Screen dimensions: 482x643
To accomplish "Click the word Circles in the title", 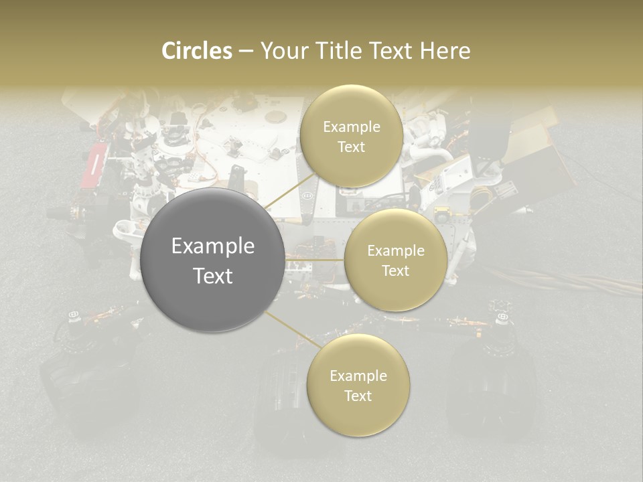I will click(196, 51).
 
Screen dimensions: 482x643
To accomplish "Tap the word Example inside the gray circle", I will click(213, 246).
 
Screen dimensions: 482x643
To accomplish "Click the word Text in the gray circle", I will click(213, 276).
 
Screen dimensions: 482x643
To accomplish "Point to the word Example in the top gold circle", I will click(351, 127).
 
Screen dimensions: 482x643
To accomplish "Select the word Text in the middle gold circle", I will click(395, 270).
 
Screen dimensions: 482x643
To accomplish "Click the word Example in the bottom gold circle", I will click(358, 376).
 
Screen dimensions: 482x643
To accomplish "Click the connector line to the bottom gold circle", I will click(292, 330).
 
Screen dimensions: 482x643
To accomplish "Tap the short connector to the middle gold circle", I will click(315, 260).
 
